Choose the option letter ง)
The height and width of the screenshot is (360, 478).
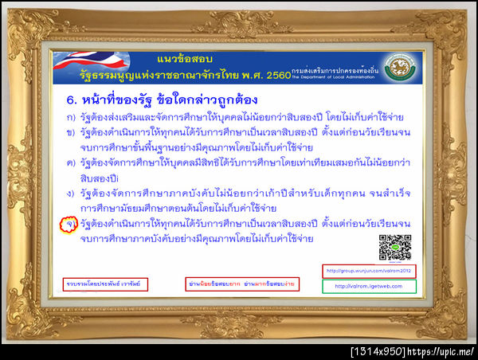click(x=71, y=194)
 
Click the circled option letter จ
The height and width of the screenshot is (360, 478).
click(x=70, y=226)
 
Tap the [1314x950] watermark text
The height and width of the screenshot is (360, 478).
click(x=379, y=351)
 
